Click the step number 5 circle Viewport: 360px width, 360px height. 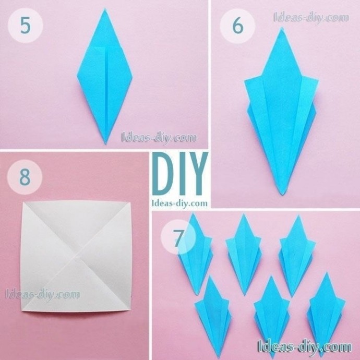coord(25,25)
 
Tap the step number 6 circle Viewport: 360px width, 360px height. coord(237,26)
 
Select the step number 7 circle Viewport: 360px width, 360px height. coord(178,237)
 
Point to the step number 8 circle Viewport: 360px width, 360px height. coord(25,177)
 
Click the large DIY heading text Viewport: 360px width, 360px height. coord(180,174)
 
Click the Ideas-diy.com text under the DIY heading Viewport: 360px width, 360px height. coord(180,203)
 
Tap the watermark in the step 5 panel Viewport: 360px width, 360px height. coord(159,138)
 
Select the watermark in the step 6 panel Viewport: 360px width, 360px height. coord(311,17)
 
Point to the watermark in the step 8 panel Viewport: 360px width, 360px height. coord(43,294)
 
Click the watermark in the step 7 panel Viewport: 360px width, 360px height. coord(305,346)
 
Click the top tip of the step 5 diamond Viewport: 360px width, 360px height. coord(105,9)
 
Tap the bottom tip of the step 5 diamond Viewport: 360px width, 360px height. coord(105,144)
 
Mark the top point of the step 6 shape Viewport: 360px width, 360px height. coord(281,28)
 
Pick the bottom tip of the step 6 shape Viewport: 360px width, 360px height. coord(283,195)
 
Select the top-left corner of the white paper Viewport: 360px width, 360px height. coord(23,202)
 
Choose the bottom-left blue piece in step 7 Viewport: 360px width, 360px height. coord(213,317)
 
